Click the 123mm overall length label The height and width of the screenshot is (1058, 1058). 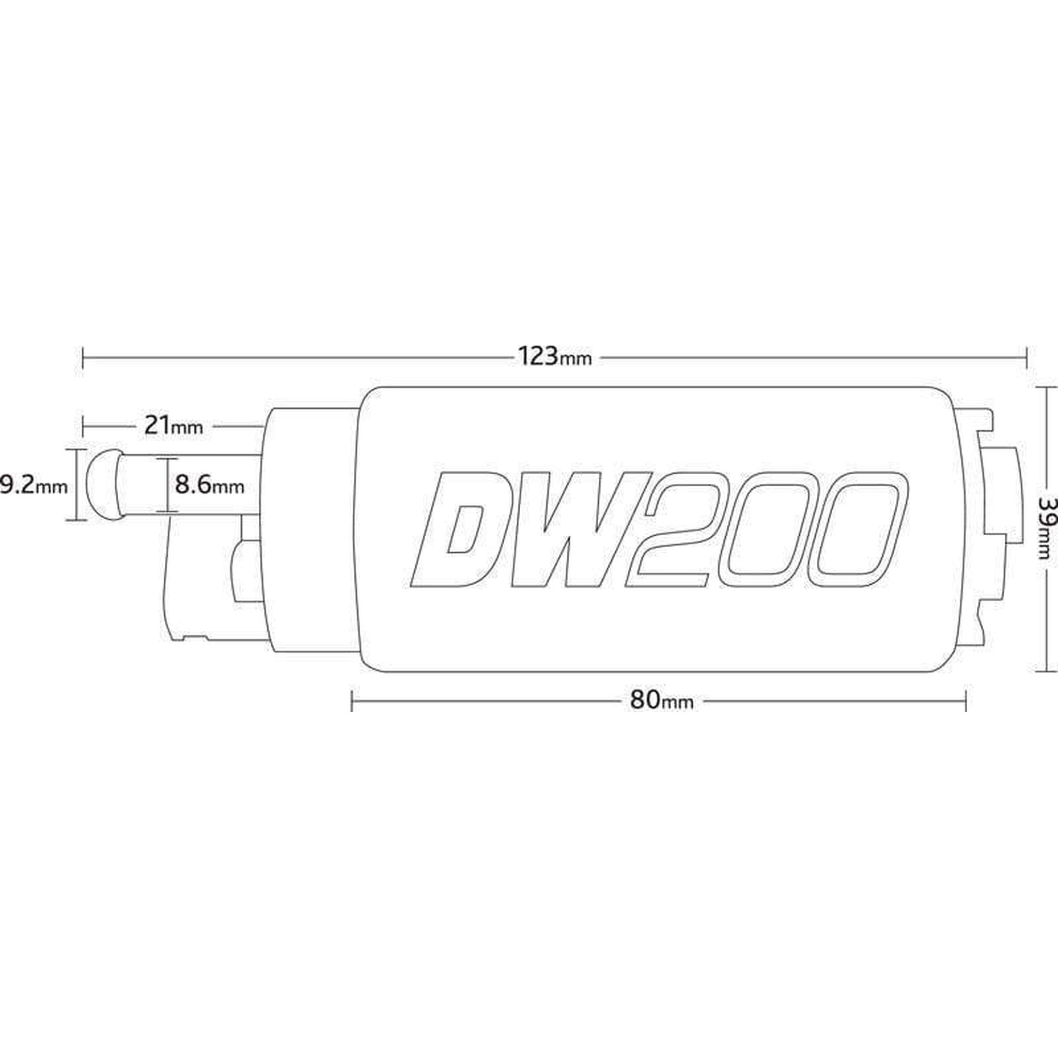click(x=555, y=357)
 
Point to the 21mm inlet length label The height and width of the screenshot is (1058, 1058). click(x=174, y=425)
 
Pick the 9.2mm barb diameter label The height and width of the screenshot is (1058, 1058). click(x=34, y=485)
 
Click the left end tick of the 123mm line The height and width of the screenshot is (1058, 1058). click(x=83, y=357)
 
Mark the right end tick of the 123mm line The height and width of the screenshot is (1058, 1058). click(x=1025, y=357)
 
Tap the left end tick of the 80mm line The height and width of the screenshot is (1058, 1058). click(x=351, y=701)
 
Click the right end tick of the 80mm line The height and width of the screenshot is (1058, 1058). click(x=966, y=701)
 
